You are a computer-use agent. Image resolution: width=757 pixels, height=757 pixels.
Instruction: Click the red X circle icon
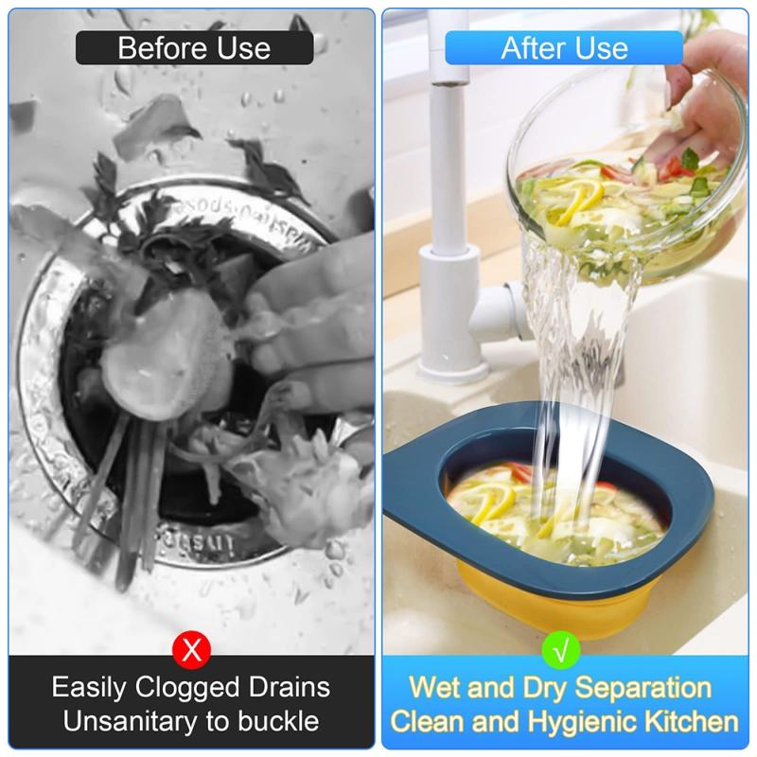pyautogui.click(x=192, y=650)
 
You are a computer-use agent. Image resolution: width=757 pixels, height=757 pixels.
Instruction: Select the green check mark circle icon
pyautogui.click(x=561, y=650)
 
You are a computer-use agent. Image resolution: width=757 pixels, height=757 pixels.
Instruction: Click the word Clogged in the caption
pyautogui.click(x=187, y=688)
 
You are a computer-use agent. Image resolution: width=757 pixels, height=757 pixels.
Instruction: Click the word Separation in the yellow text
pyautogui.click(x=643, y=687)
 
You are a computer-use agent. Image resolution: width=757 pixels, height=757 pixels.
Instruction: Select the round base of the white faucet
pyautogui.click(x=452, y=369)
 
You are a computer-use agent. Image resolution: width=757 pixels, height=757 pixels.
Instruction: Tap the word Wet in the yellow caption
pyautogui.click(x=435, y=687)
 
